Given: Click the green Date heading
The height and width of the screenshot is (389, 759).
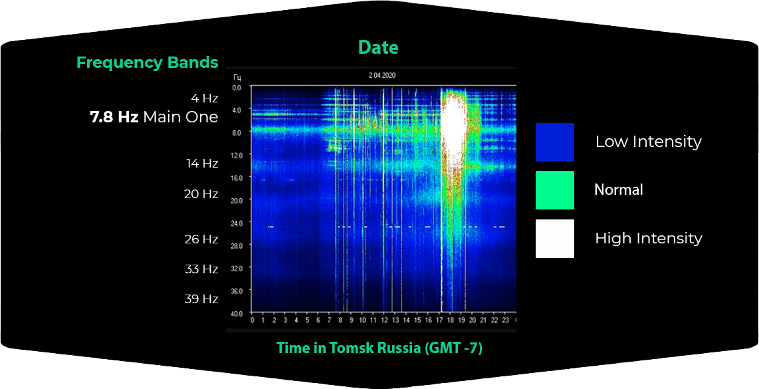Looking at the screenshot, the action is click(378, 47).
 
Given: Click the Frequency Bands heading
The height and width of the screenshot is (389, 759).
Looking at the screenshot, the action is click(148, 63).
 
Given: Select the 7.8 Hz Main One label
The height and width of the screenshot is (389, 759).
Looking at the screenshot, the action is click(154, 117).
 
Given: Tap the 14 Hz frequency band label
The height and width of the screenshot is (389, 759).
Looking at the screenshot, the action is click(202, 164).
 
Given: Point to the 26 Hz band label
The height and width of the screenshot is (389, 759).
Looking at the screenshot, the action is click(201, 239).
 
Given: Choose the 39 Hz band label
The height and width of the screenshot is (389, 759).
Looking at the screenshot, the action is click(201, 299).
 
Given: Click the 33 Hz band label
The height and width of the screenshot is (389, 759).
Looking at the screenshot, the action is click(201, 269).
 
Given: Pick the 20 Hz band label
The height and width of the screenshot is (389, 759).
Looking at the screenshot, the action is click(201, 194).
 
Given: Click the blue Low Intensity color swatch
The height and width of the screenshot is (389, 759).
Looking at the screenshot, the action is click(555, 142).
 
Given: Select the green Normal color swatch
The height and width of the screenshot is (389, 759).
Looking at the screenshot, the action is click(555, 190).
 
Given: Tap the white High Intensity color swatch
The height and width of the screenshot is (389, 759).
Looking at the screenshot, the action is click(555, 238).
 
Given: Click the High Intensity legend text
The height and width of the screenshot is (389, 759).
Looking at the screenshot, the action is click(649, 238).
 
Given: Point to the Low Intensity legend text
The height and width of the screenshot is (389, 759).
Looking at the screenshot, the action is click(649, 142).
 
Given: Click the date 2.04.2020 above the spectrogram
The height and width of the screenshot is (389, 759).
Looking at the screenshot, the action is click(379, 75).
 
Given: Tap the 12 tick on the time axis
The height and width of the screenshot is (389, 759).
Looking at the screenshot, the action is click(384, 321).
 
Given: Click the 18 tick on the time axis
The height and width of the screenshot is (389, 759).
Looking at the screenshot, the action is click(450, 321).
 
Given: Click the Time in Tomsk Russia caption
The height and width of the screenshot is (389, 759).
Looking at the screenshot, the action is click(379, 349).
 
